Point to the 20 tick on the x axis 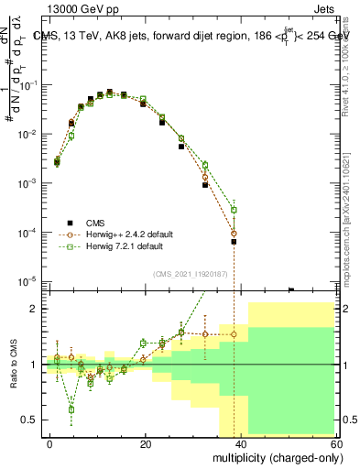point(146,443)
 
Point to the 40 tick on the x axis point(241,443)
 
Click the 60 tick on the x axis point(335,443)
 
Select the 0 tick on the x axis point(50,443)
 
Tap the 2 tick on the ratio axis point(37,309)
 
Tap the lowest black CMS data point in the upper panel point(234,242)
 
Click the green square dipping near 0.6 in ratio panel point(71,409)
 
